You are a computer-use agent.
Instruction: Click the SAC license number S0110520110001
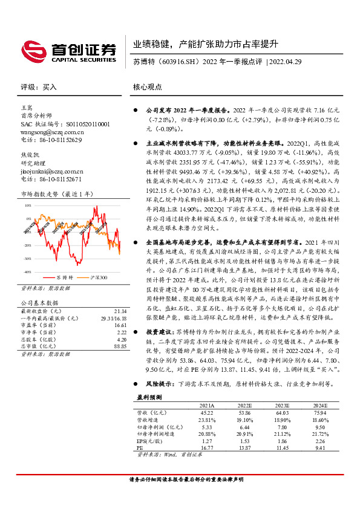[82, 123]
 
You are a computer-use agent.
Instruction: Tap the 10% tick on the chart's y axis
[28, 206]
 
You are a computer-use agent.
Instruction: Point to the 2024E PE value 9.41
[319, 449]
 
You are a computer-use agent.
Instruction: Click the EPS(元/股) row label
[150, 441]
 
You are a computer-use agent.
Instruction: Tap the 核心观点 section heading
[148, 87]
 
